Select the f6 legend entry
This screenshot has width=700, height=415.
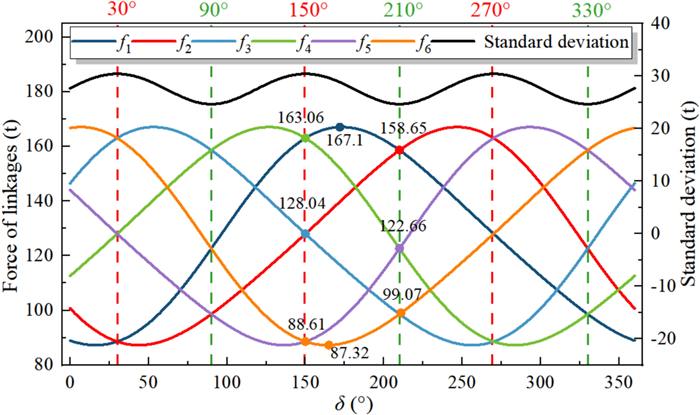[x=437, y=43]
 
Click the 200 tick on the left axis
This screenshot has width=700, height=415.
[x=38, y=37]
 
